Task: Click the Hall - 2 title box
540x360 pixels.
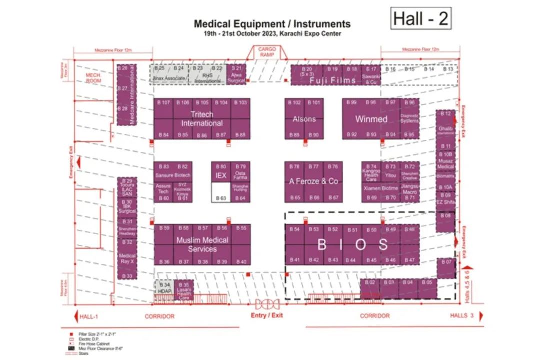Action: (x=421, y=18)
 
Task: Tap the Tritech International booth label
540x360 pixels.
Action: (x=202, y=119)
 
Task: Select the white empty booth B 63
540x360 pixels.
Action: (x=221, y=192)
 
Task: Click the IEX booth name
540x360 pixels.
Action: (x=221, y=176)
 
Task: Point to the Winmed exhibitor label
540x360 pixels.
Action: (x=371, y=119)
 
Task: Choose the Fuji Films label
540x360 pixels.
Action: (x=332, y=80)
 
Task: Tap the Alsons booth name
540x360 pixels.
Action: (x=304, y=119)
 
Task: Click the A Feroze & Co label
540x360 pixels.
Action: (x=313, y=181)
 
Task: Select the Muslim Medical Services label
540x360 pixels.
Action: (x=202, y=244)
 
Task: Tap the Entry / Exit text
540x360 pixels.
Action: (x=267, y=316)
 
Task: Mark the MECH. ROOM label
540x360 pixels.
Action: (x=93, y=78)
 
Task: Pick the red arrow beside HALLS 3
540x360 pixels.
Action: (x=481, y=316)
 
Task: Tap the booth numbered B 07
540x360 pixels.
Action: (x=446, y=268)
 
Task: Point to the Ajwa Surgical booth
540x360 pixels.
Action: (x=236, y=74)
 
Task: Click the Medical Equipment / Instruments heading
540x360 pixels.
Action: (x=272, y=24)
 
